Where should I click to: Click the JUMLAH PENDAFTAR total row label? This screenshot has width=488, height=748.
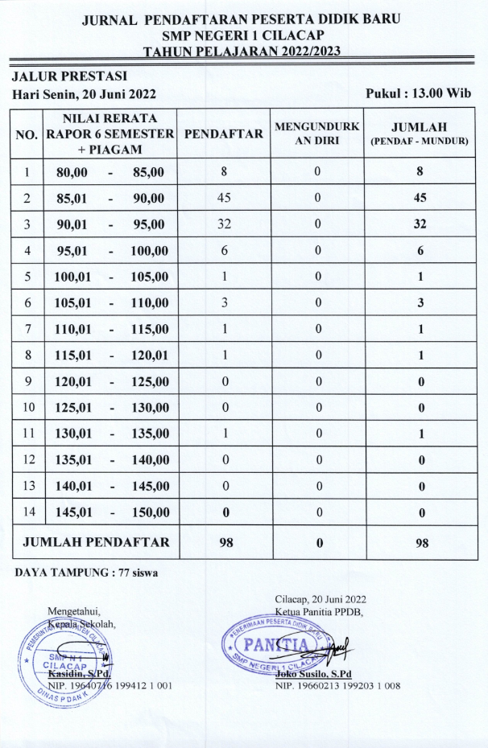click(97, 542)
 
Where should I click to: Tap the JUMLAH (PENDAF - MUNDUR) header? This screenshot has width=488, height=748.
click(419, 134)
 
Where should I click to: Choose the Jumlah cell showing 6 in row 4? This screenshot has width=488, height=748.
click(419, 251)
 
